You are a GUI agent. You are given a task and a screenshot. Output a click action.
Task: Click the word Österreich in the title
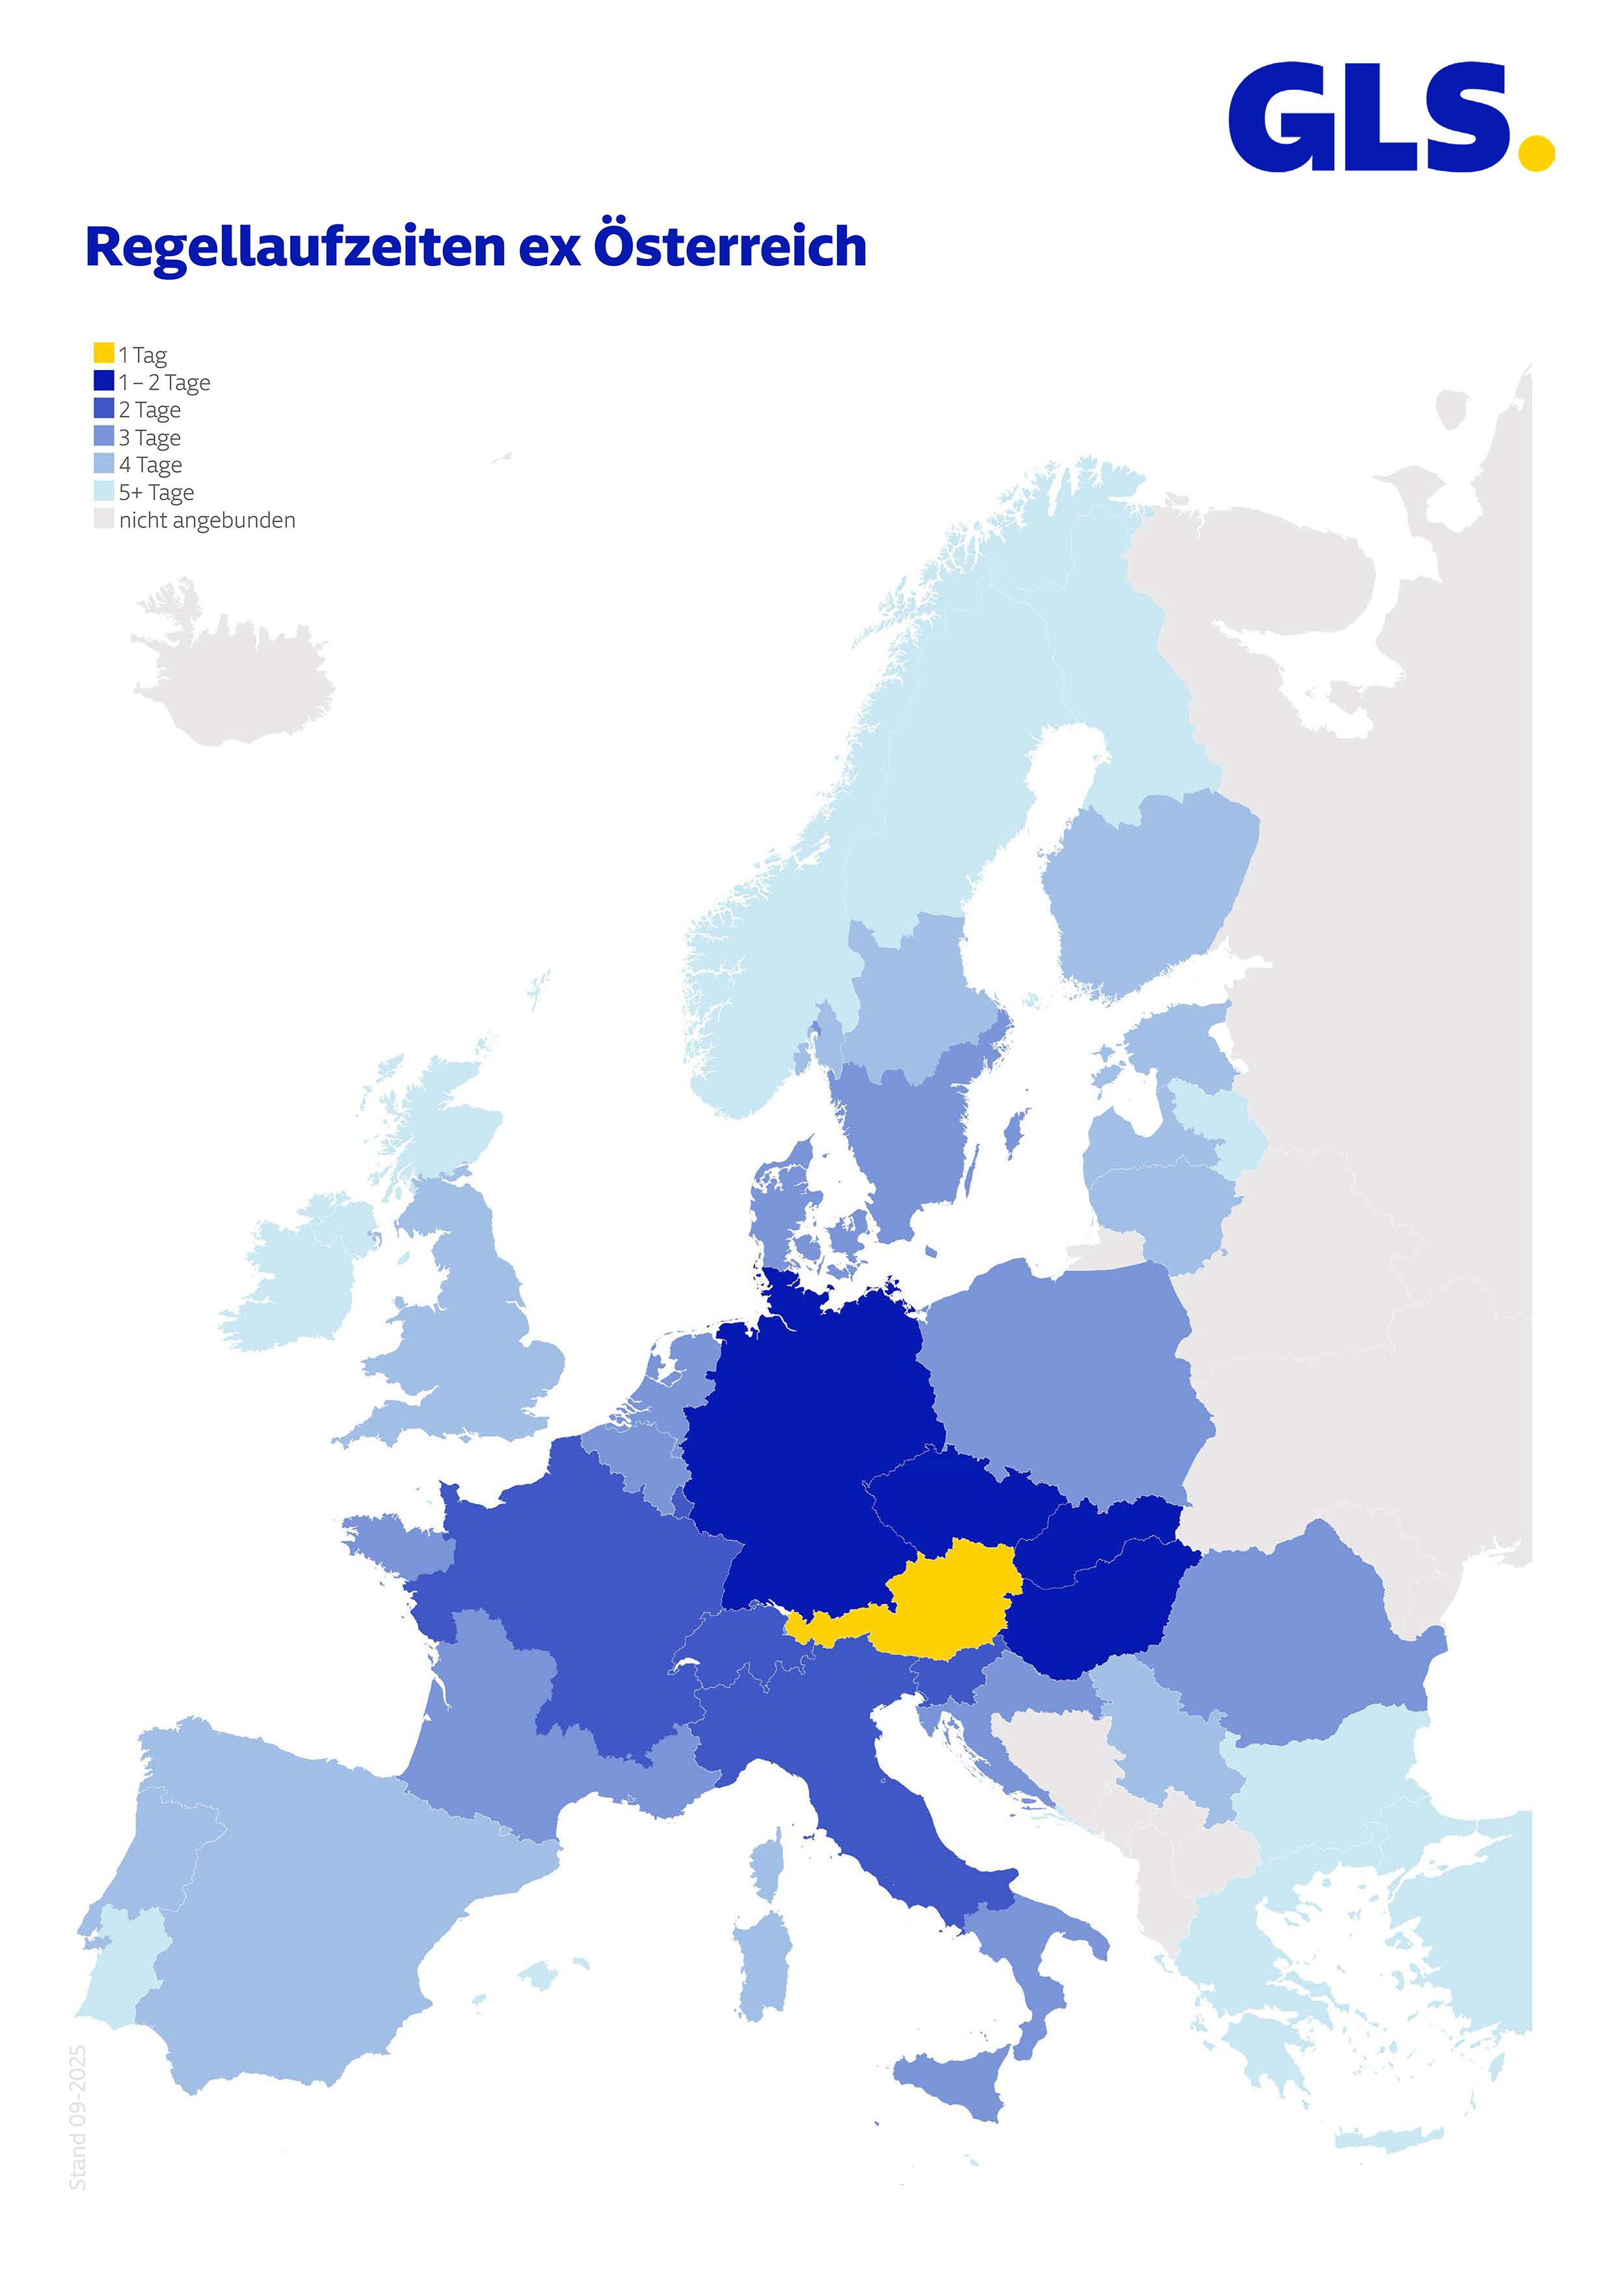(x=730, y=247)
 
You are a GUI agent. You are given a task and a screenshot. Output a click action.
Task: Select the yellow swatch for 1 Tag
(x=103, y=353)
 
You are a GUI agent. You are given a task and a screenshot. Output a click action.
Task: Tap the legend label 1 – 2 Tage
(x=164, y=383)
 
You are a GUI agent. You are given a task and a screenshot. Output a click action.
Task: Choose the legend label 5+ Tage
(x=156, y=493)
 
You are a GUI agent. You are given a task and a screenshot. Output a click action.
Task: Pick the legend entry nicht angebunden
(x=207, y=521)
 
